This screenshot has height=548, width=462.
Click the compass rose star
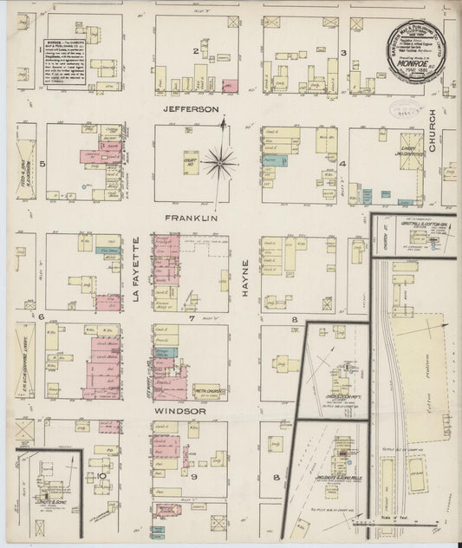223,160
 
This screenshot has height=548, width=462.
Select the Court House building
190,161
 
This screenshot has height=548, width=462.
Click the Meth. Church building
209,391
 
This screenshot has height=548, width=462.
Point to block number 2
197,51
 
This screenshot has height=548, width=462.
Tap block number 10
101,475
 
